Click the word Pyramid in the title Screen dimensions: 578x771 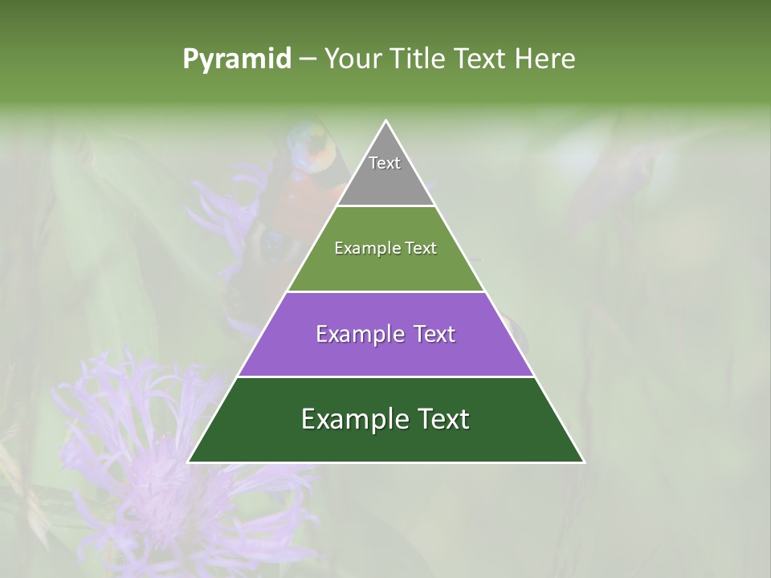pyautogui.click(x=236, y=59)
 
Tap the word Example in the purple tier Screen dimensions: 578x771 pyautogui.click(x=353, y=334)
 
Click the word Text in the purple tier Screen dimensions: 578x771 pyautogui.click(x=431, y=334)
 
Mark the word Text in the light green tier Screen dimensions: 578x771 pyautogui.click(x=419, y=248)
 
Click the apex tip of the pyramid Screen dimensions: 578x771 pyautogui.click(x=385, y=123)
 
